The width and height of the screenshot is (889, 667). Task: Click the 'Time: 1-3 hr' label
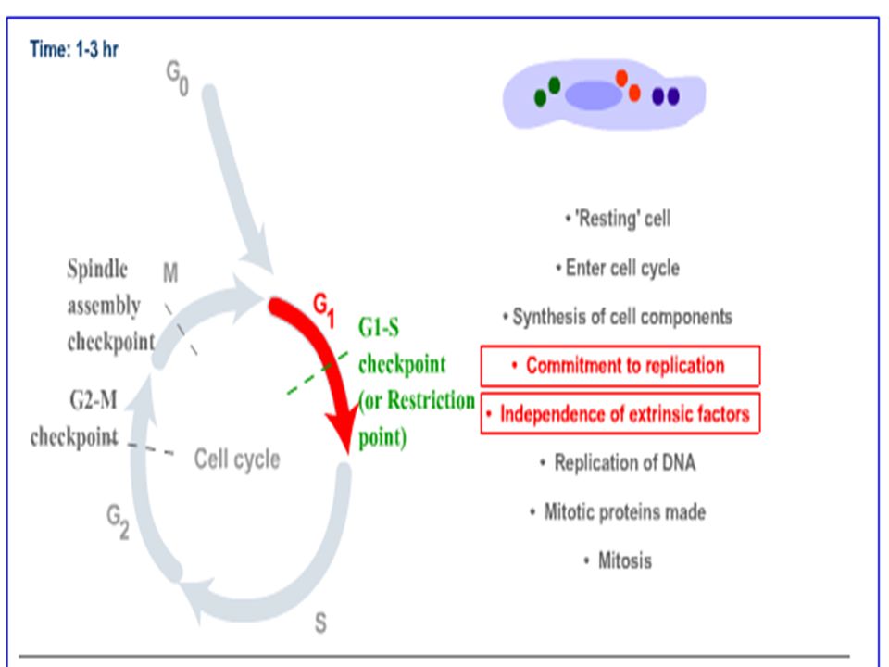(x=74, y=49)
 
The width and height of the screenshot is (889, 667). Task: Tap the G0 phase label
(x=177, y=78)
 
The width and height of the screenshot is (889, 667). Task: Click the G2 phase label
(x=118, y=522)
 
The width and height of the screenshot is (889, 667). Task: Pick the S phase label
(x=320, y=623)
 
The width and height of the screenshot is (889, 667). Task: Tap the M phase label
(x=170, y=272)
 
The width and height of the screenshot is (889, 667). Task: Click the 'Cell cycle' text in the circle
(x=237, y=459)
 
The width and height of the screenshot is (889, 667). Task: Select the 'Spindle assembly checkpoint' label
(x=111, y=305)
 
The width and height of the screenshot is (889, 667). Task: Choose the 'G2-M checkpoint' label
(x=74, y=419)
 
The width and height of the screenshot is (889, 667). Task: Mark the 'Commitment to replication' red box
(x=620, y=366)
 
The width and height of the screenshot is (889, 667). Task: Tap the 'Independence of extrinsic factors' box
(x=620, y=414)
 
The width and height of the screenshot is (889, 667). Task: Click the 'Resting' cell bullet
(x=618, y=219)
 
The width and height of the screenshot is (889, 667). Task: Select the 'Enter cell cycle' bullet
(x=618, y=268)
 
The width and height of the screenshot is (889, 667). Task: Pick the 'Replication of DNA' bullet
(x=618, y=463)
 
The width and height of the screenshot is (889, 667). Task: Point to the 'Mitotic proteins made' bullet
(x=618, y=511)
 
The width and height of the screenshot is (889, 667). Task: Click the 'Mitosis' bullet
(x=618, y=561)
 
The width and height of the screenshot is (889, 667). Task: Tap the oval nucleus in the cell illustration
(x=594, y=95)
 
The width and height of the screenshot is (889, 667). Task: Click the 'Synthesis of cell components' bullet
(x=618, y=317)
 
